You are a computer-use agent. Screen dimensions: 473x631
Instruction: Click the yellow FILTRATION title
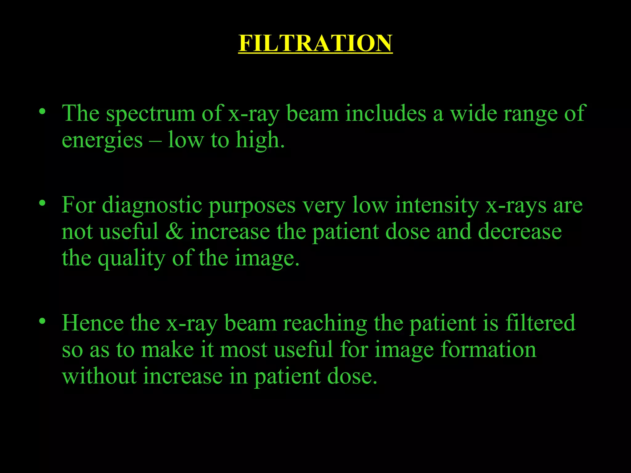coord(315,43)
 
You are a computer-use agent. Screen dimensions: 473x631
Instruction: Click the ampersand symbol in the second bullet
coord(174,232)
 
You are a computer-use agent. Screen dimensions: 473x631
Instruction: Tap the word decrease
coord(520,232)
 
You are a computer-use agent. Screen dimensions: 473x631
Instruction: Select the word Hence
coord(92,323)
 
